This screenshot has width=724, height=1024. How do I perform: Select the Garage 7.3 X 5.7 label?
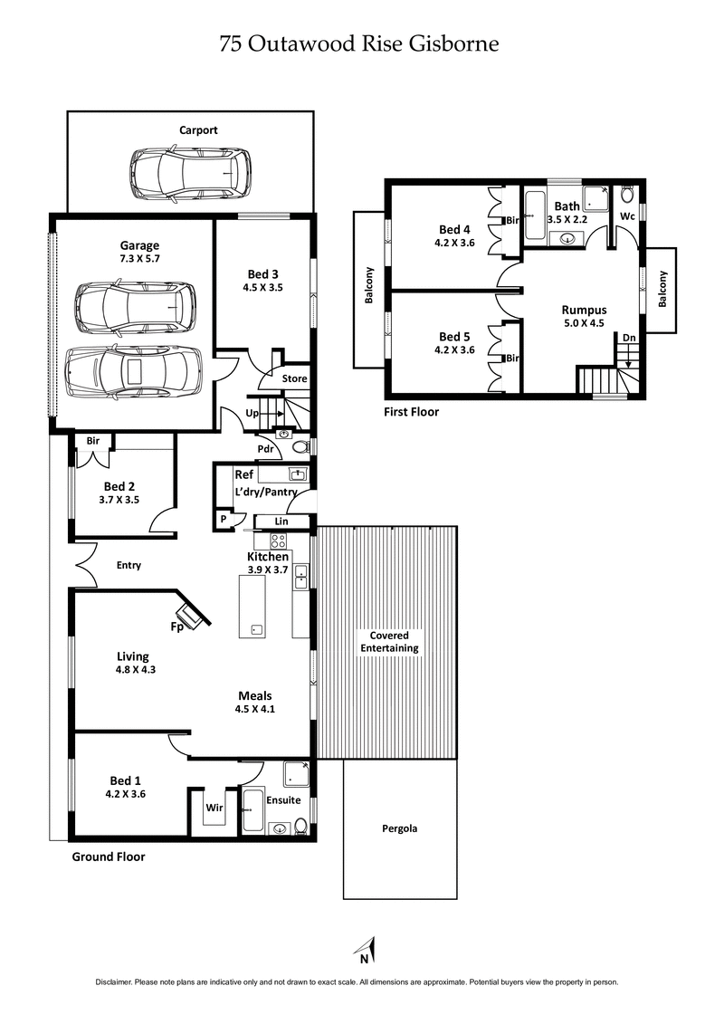click(x=139, y=253)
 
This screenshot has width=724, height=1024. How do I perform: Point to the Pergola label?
click(x=398, y=828)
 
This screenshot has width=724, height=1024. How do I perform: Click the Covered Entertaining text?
click(x=389, y=641)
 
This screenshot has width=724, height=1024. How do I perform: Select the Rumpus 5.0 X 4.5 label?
click(x=584, y=316)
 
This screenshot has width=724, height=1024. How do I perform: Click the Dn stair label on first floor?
click(x=628, y=337)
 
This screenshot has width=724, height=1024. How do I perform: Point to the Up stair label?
click(x=253, y=414)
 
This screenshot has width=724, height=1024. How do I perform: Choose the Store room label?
click(x=295, y=378)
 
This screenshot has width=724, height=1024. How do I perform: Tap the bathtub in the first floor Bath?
click(x=535, y=215)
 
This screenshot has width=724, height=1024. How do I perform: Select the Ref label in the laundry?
click(x=243, y=474)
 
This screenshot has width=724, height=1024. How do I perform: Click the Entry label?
click(x=129, y=565)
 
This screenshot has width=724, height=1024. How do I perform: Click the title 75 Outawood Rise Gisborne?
click(x=359, y=43)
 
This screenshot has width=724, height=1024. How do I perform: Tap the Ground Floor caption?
click(x=108, y=857)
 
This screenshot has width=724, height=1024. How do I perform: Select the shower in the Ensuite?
click(x=296, y=774)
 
